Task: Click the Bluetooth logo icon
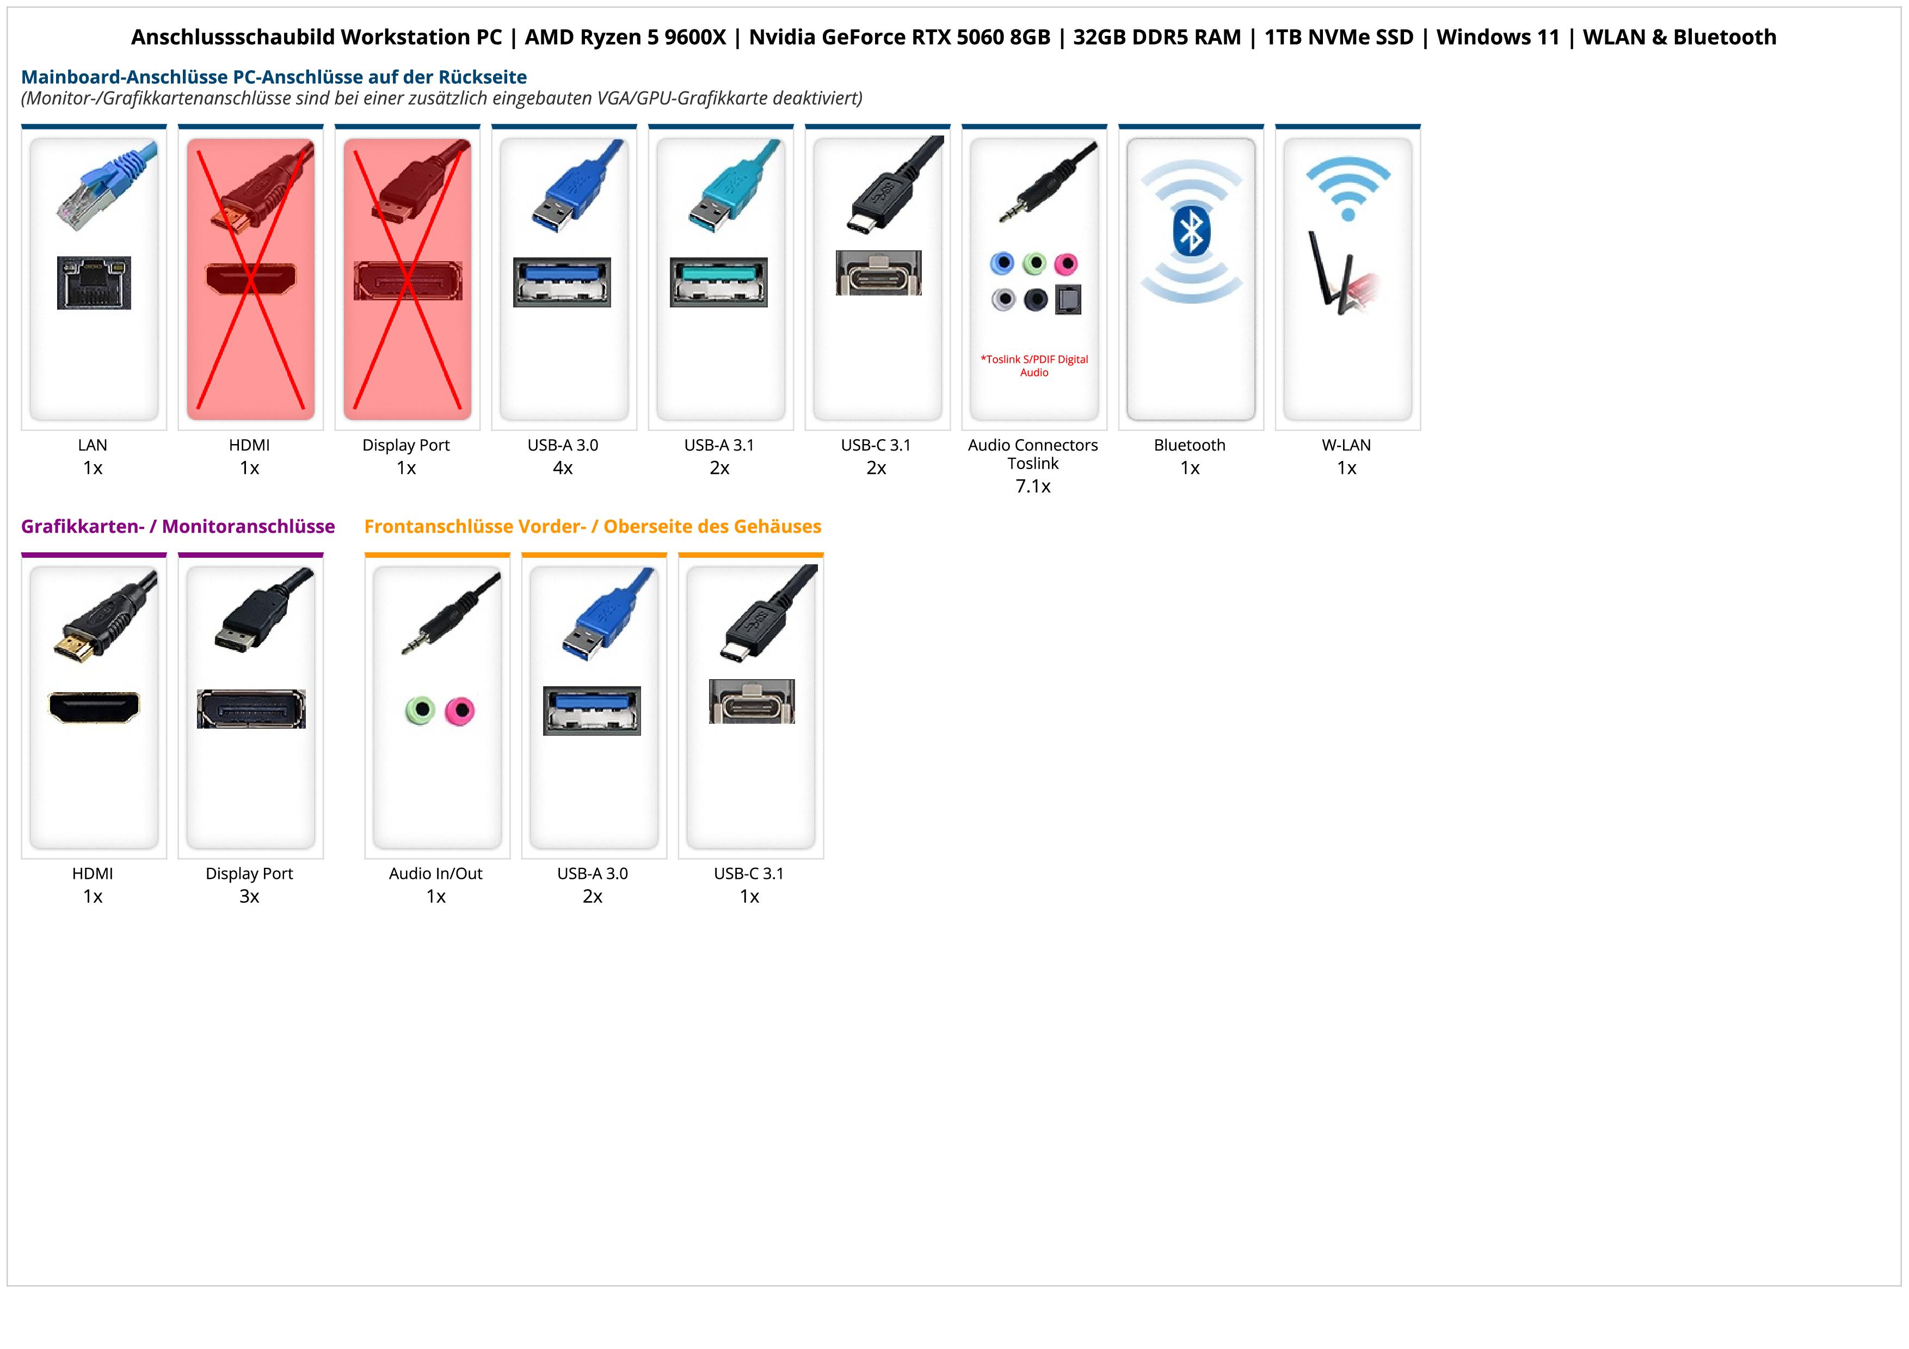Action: click(1191, 232)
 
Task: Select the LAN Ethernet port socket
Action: click(94, 282)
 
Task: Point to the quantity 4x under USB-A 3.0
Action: click(563, 468)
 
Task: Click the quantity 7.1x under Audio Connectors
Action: click(1033, 486)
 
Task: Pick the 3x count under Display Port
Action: click(249, 896)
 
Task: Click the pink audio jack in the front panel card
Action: click(459, 711)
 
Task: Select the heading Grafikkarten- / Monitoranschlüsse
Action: click(178, 526)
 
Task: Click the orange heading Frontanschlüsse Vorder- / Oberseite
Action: click(592, 526)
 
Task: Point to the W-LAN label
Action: click(1346, 445)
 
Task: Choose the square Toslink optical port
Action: click(1068, 299)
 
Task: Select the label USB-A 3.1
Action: click(719, 445)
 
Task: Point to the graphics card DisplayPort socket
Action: click(251, 709)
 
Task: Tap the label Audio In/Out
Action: click(436, 873)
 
